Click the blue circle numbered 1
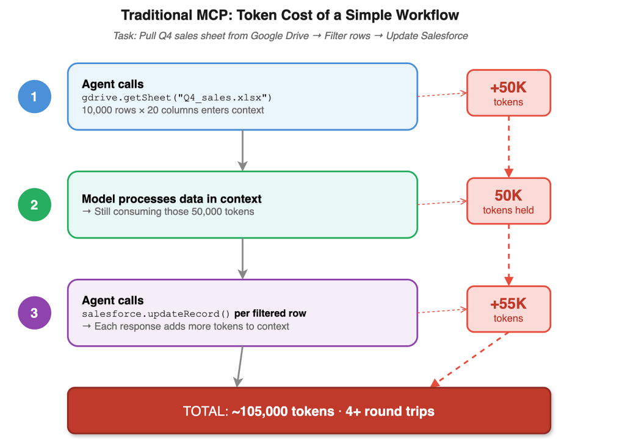point(35,96)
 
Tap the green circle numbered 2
point(35,204)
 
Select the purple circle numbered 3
point(35,313)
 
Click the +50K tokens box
point(508,93)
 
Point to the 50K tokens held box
point(508,201)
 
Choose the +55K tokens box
point(508,309)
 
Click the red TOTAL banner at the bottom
point(309,411)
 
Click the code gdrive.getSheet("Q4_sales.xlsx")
point(176,98)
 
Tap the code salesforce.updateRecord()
point(156,314)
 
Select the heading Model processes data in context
point(172,199)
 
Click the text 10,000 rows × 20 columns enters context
point(173,110)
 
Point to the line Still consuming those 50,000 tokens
point(174,212)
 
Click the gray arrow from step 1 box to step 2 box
point(242,151)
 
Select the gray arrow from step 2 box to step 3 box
point(242,259)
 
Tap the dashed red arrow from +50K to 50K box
point(508,146)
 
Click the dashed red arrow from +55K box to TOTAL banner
point(469,359)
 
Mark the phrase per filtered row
point(270,314)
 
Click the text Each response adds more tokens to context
point(192,326)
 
